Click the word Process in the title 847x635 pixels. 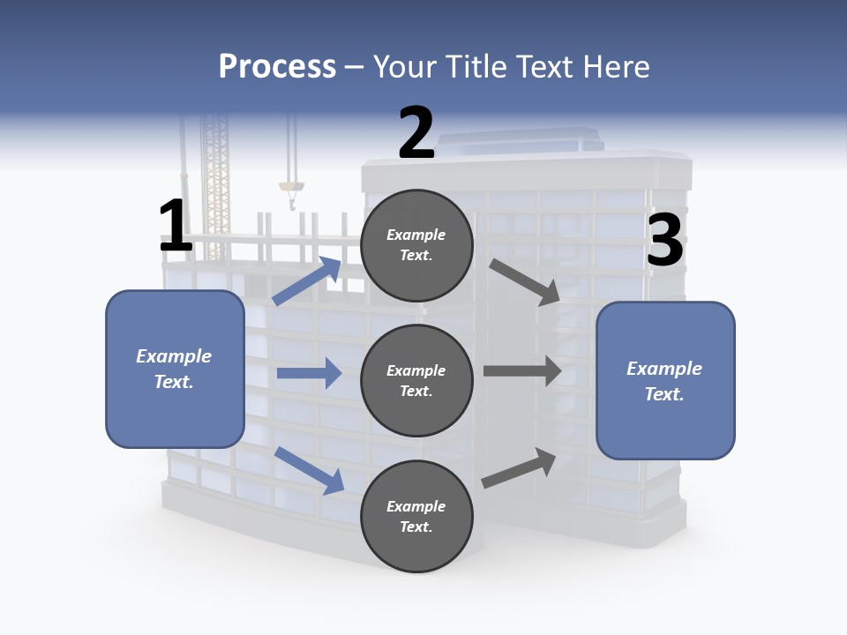pos(277,66)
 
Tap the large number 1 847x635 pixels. pos(176,227)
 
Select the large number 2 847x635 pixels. pos(416,133)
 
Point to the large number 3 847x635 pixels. pos(664,241)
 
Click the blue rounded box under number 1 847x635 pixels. pos(175,368)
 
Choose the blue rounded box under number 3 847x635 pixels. pos(665,380)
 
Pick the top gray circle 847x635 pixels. pos(416,245)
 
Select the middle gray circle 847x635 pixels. pos(416,380)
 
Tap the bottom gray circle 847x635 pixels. pos(416,516)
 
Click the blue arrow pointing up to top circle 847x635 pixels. pos(308,280)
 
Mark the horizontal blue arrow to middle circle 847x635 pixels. pos(309,373)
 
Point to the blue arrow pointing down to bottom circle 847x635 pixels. pos(310,469)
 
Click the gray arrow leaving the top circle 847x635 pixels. pos(524,281)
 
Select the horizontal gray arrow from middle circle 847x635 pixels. pos(522,370)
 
